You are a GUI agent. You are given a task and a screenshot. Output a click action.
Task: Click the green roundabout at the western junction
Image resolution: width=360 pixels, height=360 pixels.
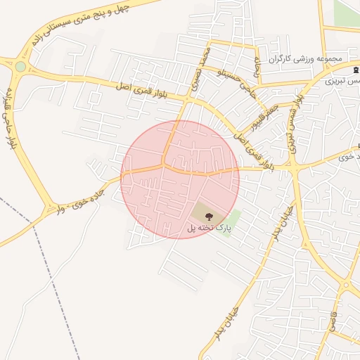[x=20, y=67]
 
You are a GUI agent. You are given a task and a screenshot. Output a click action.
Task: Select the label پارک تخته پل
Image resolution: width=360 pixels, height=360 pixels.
[x=208, y=229]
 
